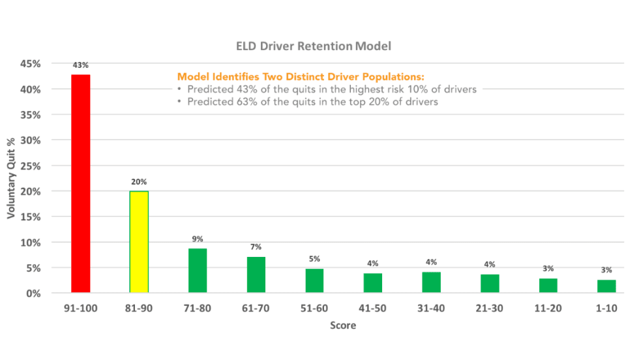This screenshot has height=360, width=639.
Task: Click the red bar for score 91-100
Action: pyautogui.click(x=81, y=184)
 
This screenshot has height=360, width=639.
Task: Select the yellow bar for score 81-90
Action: pyautogui.click(x=139, y=242)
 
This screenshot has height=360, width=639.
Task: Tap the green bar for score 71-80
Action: pyautogui.click(x=198, y=271)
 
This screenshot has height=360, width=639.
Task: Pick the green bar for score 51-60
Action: pyautogui.click(x=314, y=281)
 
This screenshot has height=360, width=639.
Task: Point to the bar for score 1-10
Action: pyautogui.click(x=606, y=286)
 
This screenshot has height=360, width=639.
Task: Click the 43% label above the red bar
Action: pyautogui.click(x=81, y=66)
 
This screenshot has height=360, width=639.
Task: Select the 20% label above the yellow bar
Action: pyautogui.click(x=139, y=182)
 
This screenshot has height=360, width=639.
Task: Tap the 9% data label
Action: pyautogui.click(x=198, y=239)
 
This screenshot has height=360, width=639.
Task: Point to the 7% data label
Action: pyautogui.click(x=256, y=247)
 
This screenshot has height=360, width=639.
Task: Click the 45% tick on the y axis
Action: pyautogui.click(x=31, y=64)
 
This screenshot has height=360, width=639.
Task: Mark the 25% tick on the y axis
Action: pyautogui.click(x=31, y=166)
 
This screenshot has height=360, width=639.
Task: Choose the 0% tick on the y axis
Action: pyautogui.click(x=33, y=293)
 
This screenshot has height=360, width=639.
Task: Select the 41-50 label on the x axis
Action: pyautogui.click(x=373, y=308)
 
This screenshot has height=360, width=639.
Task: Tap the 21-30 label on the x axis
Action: pyautogui.click(x=490, y=308)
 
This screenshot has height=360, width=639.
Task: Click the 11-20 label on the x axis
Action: pyautogui.click(x=548, y=308)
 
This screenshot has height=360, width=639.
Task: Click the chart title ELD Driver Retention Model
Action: pyautogui.click(x=313, y=47)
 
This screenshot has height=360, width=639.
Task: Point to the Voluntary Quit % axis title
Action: pyautogui.click(x=11, y=179)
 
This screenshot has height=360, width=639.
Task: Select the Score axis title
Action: pyautogui.click(x=343, y=325)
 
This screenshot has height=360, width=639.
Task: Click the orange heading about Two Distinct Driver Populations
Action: pyautogui.click(x=301, y=76)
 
